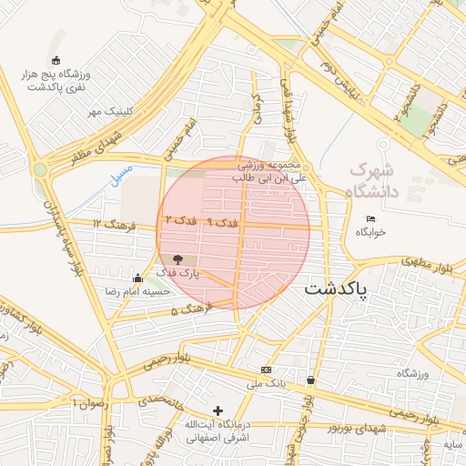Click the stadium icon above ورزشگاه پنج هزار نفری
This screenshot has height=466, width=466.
tap(57, 60)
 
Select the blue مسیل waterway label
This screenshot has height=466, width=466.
tap(120, 172)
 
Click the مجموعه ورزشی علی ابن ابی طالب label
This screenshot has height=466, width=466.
tap(272, 172)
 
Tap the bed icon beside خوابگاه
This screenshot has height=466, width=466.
tap(370, 218)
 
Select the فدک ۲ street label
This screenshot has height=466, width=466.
tap(180, 221)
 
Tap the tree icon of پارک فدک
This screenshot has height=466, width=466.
tap(177, 259)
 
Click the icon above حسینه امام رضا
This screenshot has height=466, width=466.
tap(137, 278)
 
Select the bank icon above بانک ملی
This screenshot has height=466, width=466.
tap(266, 370)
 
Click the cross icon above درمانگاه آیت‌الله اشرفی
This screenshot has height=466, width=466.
tap(217, 410)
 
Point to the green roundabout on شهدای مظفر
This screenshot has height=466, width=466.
tap(40, 169)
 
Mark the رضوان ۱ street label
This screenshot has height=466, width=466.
tap(89, 402)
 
